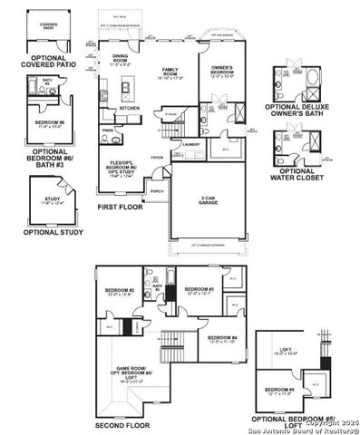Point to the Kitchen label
point(130,109)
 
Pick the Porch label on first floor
point(157,192)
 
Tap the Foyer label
point(157,157)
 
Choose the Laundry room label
point(190,143)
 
